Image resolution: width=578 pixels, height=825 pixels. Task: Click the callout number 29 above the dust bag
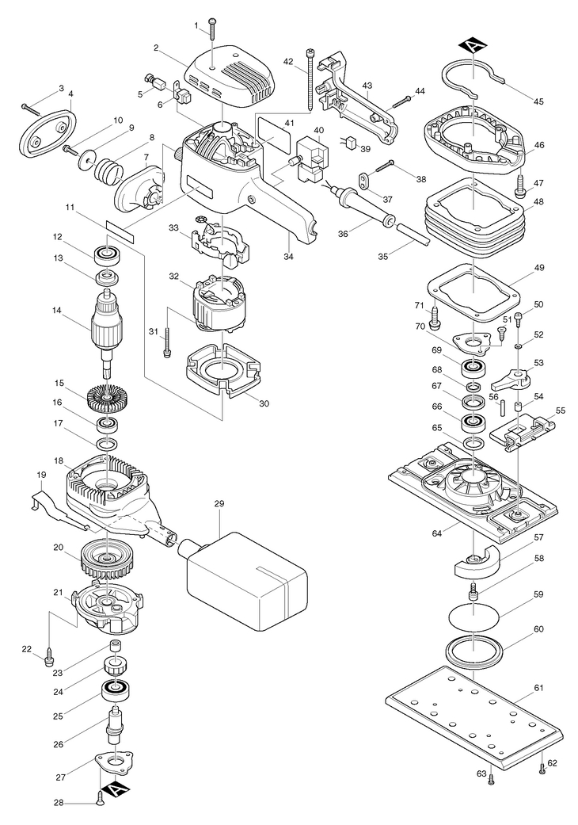tap(219, 503)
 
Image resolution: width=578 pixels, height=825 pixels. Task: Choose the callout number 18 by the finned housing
tap(59, 460)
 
